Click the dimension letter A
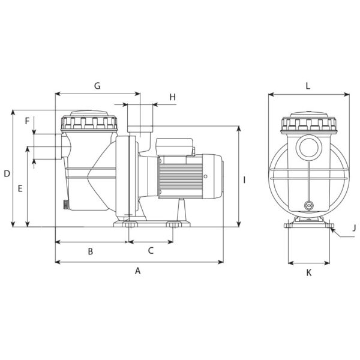(x=137, y=271)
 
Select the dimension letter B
(x=91, y=251)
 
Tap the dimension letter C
(x=151, y=250)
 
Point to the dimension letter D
(x=7, y=173)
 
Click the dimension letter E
(x=20, y=188)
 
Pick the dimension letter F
(x=27, y=121)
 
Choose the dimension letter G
(x=97, y=86)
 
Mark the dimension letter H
(x=173, y=97)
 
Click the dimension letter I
(x=244, y=180)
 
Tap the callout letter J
(x=354, y=228)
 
